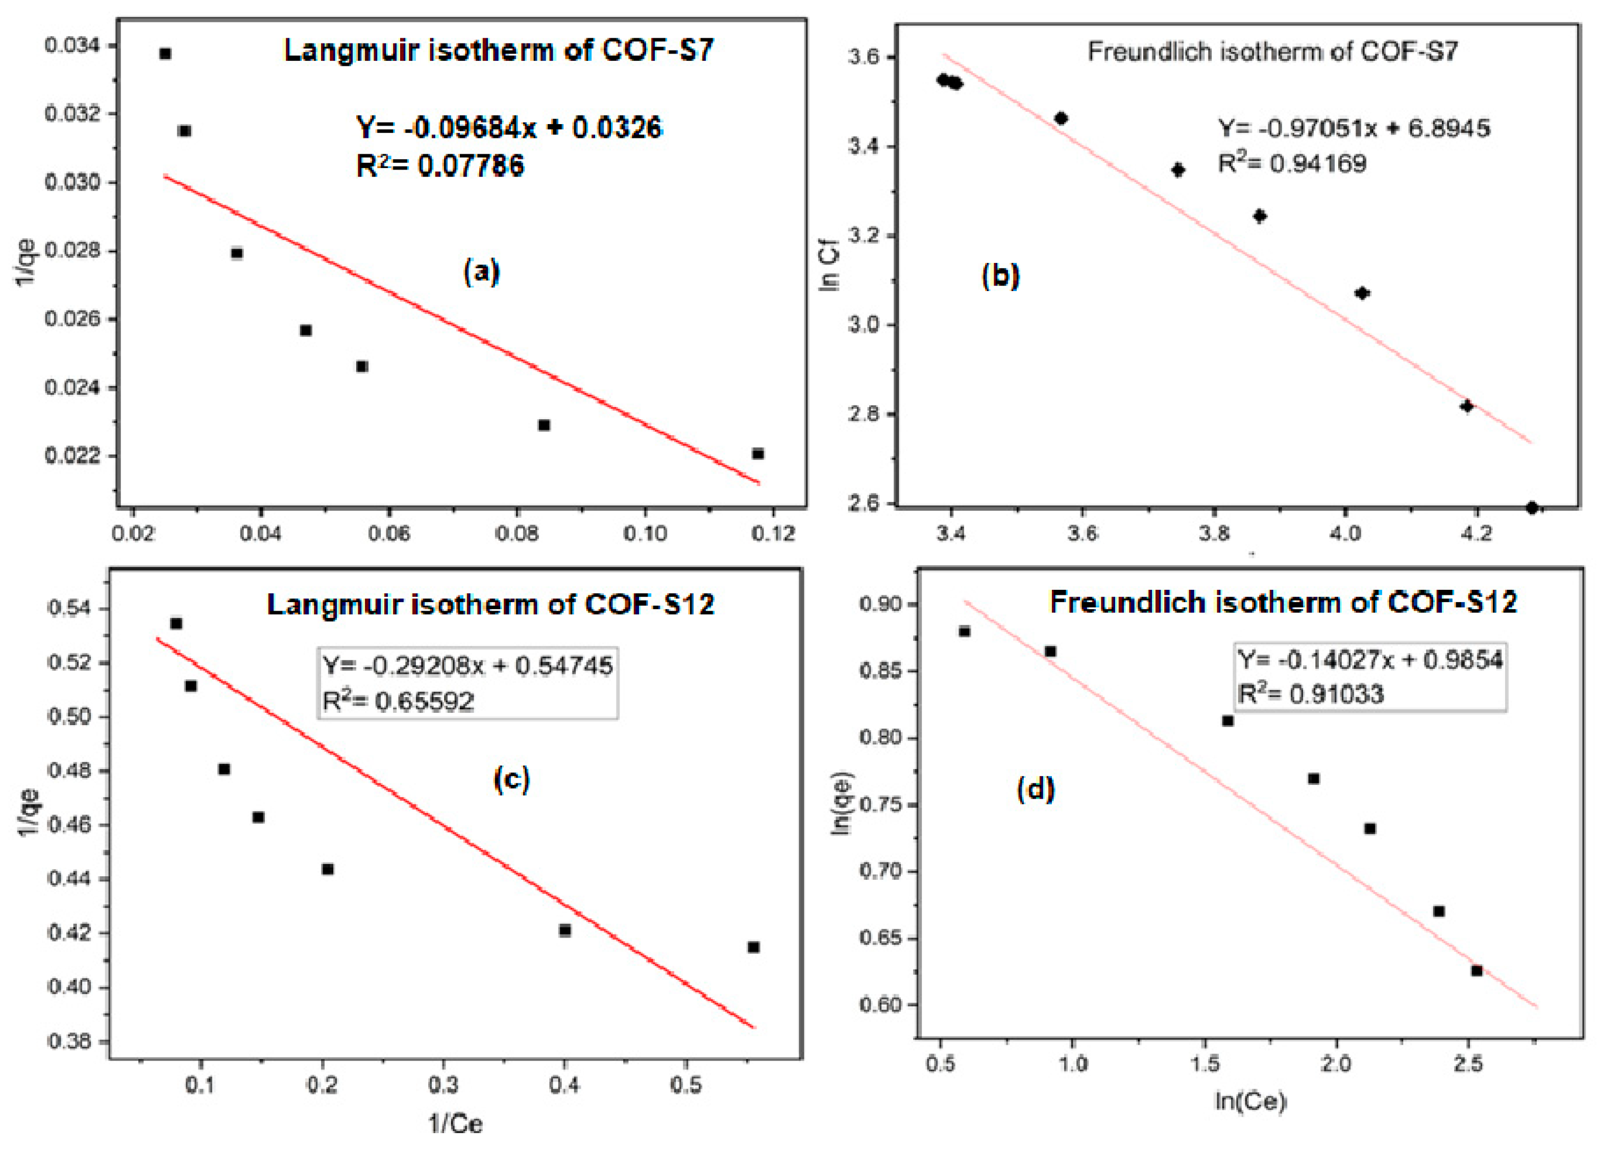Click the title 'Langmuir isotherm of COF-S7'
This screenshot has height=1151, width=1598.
coord(498,51)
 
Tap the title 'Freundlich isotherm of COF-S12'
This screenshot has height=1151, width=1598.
coord(1283,603)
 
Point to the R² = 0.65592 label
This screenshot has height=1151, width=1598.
coord(398,701)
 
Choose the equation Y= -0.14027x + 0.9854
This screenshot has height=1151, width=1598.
coord(1370,660)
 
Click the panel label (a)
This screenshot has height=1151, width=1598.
coord(481,271)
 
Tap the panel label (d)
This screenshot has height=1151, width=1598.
coord(1035,789)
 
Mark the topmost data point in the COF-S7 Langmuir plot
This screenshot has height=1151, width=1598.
coord(165,54)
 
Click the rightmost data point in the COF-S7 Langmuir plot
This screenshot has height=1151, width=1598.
coord(757,454)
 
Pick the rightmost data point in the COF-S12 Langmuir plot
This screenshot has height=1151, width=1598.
coord(753,947)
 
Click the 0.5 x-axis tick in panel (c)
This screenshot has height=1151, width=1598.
coord(685,1085)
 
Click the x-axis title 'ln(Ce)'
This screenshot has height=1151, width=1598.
coord(1250,1101)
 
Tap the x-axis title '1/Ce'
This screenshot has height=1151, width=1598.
coord(456,1123)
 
